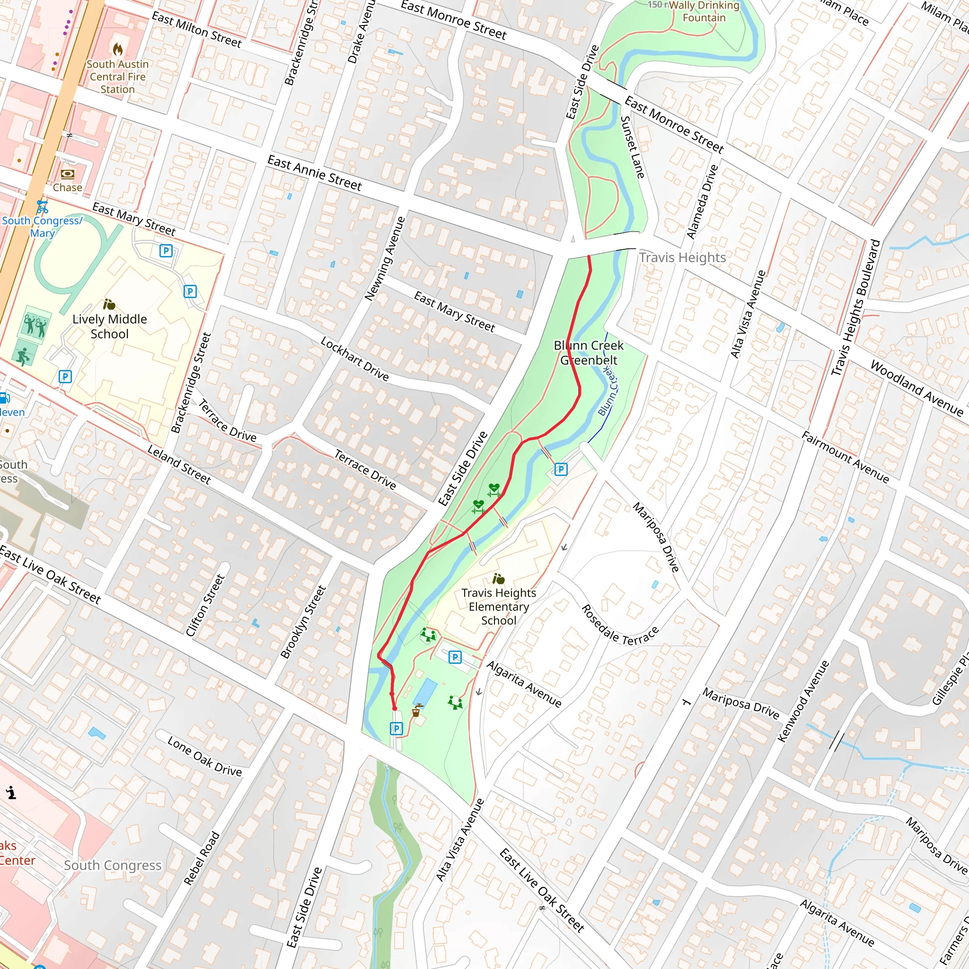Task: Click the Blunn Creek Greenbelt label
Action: (588, 352)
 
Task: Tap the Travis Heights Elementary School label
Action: (499, 607)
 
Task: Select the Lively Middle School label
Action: (109, 326)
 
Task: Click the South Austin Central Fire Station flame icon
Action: (118, 49)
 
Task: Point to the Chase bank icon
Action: (67, 174)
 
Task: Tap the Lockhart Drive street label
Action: (354, 359)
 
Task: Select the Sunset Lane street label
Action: (633, 147)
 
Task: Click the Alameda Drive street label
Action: (702, 202)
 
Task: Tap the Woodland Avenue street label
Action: (916, 388)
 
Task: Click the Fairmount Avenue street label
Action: (845, 457)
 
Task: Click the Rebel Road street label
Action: (202, 858)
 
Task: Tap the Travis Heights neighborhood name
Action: (682, 257)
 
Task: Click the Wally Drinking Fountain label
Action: (704, 11)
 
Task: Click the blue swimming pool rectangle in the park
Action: (425, 692)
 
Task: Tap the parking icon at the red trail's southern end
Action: (396, 728)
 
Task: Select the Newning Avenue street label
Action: (385, 259)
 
